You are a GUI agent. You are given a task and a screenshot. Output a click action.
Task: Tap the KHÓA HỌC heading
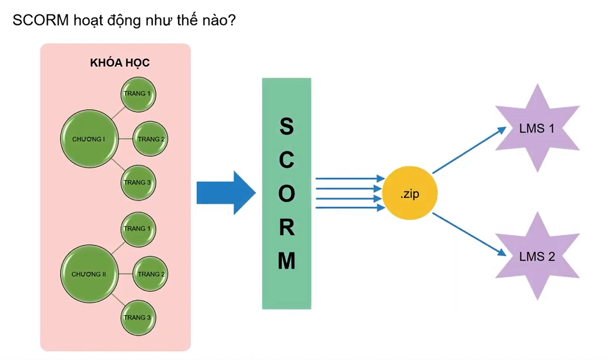tap(120, 63)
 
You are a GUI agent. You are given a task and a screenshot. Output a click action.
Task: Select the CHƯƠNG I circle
tap(89, 139)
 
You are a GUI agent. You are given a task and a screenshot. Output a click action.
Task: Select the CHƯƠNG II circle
tap(89, 274)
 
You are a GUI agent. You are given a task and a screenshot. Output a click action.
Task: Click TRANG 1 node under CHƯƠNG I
tap(138, 94)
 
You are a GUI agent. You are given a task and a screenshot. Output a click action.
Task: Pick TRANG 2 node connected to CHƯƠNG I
tap(150, 139)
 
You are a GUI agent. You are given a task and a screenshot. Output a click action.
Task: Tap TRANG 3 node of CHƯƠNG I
tap(138, 183)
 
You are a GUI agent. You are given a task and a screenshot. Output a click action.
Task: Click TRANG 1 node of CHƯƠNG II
tap(138, 229)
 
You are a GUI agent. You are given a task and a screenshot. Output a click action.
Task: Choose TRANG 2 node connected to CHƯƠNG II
tap(150, 274)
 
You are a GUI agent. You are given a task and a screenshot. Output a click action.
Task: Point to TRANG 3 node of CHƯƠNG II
tap(138, 317)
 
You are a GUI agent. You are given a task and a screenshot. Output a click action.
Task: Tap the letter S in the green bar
tap(286, 127)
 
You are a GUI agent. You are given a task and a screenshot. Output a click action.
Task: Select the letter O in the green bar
tap(286, 194)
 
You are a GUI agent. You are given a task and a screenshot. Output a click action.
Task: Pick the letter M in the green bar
tap(286, 261)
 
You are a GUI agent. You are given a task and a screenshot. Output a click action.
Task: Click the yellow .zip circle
tap(411, 194)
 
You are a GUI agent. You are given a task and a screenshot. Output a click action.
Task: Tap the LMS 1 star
tap(537, 128)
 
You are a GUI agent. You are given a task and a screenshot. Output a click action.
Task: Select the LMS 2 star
tap(537, 256)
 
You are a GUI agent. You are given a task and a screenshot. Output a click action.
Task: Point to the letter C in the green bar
tap(286, 160)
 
